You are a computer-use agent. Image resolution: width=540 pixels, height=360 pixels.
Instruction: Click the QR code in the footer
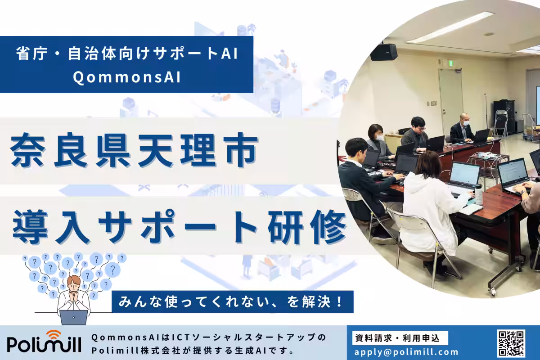511,344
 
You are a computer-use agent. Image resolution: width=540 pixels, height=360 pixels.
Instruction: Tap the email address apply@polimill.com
406,352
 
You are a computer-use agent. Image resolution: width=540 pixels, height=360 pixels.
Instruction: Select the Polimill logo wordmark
44,344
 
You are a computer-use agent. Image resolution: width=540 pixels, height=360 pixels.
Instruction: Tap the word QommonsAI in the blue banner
126,77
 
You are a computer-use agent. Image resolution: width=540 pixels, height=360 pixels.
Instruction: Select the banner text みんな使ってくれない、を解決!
232,301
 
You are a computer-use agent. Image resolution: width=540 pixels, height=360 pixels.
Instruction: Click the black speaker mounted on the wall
383,52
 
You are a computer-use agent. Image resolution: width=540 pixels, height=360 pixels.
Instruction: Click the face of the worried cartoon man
74,285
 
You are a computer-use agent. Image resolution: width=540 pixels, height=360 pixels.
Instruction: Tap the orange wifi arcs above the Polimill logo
54,334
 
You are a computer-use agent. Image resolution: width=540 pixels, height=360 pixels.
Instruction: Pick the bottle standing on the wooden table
478,194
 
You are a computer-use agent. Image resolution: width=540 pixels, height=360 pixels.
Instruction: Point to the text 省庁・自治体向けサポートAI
126,54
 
